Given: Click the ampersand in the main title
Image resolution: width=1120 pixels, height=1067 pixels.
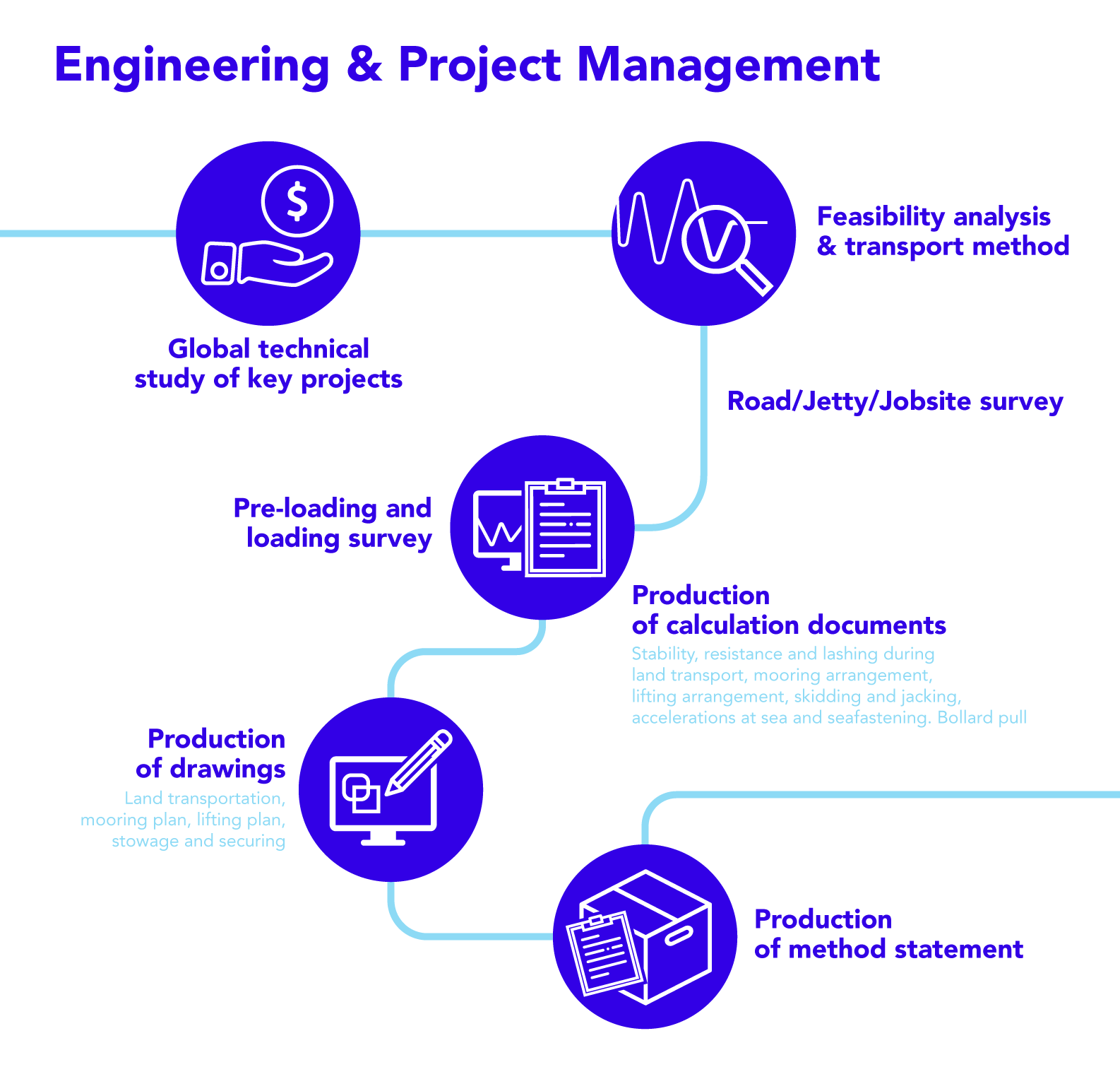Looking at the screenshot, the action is point(364,64).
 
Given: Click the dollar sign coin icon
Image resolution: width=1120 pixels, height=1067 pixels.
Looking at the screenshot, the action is point(297,201).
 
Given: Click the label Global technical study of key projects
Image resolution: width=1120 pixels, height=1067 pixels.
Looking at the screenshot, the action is point(268,364).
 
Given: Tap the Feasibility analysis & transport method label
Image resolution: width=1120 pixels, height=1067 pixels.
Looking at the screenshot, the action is point(943,231).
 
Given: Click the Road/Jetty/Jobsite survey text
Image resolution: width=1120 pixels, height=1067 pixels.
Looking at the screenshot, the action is point(895,401).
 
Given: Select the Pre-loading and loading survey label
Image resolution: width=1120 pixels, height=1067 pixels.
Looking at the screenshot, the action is point(333,523).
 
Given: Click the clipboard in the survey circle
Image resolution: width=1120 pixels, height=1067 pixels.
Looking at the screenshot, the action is point(566,527).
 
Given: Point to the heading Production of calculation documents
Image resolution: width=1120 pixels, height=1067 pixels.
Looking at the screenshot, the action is point(789,610).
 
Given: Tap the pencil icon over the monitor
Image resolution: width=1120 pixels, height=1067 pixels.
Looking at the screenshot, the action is point(419,762).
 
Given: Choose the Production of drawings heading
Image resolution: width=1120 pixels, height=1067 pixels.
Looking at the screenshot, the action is point(210,753).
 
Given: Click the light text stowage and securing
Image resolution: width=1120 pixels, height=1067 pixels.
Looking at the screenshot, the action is point(198,841).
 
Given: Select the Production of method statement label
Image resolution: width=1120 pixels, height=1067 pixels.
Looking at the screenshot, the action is point(888,933).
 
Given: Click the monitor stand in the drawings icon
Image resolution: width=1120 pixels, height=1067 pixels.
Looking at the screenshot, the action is point(383,838).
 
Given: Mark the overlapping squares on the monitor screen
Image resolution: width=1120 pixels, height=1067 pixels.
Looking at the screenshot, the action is point(361,793).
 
